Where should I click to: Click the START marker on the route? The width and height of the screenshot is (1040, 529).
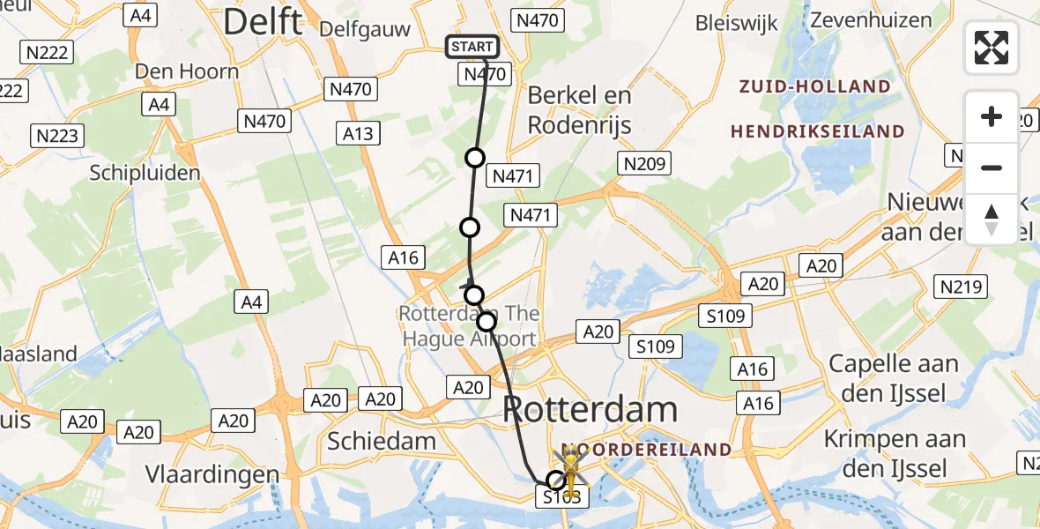pyautogui.click(x=472, y=47)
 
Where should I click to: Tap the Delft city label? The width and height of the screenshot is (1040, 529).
pyautogui.click(x=263, y=22)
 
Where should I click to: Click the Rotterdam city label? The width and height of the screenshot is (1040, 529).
pyautogui.click(x=591, y=410)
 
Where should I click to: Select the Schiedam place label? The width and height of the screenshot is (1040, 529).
pyautogui.click(x=382, y=441)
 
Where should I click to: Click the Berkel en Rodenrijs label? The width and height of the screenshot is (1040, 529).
pyautogui.click(x=579, y=110)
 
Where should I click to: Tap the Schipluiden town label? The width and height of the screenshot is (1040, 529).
pyautogui.click(x=145, y=173)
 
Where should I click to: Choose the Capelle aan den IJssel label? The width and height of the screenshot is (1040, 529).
pyautogui.click(x=894, y=377)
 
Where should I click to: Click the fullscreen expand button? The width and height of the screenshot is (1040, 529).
pyautogui.click(x=992, y=48)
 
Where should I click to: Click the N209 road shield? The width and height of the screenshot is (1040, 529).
pyautogui.click(x=647, y=163)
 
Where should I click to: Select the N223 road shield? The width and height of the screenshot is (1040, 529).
pyautogui.click(x=58, y=135)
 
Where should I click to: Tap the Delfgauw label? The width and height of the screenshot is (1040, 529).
pyautogui.click(x=365, y=29)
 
